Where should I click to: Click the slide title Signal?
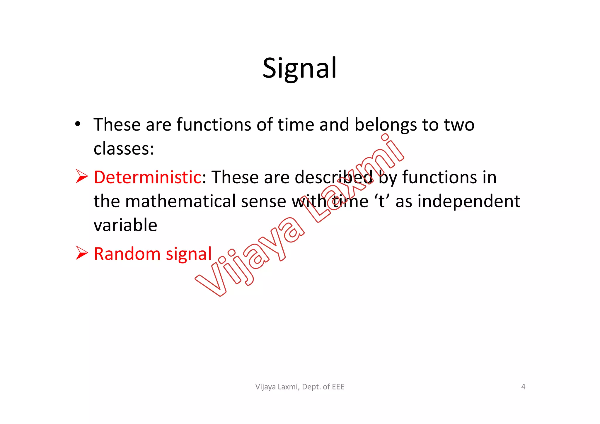point(299,68)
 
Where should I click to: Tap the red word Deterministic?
point(147,177)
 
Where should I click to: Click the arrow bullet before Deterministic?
point(82,176)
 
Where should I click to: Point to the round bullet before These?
point(77,124)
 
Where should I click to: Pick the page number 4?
point(523,387)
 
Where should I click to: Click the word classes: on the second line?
point(124,148)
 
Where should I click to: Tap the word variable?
point(125,225)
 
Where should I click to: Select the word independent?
point(468,201)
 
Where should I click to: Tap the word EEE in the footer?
point(338,387)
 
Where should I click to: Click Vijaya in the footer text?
point(266,387)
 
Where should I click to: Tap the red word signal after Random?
point(189,254)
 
